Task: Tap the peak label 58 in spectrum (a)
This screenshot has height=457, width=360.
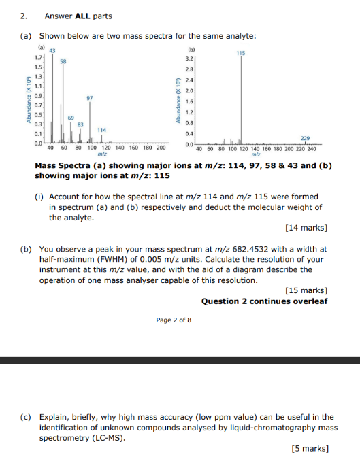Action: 63,61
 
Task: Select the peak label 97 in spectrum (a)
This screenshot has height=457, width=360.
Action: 90,98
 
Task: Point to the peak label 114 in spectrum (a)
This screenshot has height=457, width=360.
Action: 102,129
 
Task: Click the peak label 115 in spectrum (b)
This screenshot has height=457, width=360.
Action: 241,53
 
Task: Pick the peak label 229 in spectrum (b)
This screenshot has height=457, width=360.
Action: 304,138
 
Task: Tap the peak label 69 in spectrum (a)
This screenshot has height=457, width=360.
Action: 70,118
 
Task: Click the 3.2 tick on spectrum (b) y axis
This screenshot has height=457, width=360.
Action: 191,59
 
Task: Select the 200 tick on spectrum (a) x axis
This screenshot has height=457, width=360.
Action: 161,148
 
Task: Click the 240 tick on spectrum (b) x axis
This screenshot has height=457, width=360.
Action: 312,148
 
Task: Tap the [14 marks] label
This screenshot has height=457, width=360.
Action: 308,227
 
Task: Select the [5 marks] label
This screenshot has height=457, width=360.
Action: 310,447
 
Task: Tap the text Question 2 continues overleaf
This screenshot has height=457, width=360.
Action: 264,301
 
